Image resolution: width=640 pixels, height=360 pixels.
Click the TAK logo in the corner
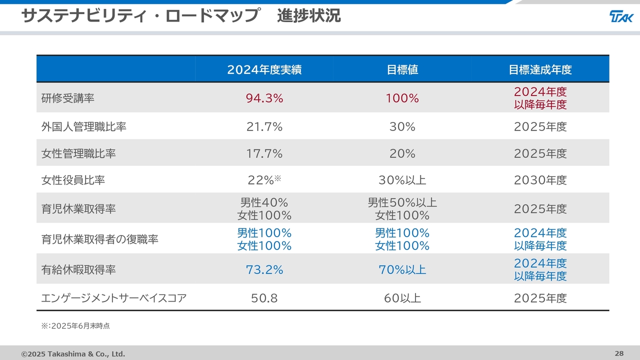pos(621,16)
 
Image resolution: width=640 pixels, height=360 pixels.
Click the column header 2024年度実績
pos(264,70)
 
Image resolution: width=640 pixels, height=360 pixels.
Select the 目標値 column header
pos(402,70)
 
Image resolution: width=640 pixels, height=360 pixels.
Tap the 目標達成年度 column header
pos(540,70)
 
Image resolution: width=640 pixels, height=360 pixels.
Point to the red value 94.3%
pos(264,98)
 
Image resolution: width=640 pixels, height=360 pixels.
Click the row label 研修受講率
pos(68,98)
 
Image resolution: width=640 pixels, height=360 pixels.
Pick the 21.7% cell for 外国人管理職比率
pos(264,127)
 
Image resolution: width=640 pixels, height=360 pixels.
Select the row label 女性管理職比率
pos(78,153)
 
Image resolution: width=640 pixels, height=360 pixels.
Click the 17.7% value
pos(264,153)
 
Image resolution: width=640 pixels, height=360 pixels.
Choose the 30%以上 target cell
pos(402,180)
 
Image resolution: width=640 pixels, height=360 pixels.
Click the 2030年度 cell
pos(540,180)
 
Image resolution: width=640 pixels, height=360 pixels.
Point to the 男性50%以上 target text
pos(402,202)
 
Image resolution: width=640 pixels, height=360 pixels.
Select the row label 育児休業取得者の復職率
pos(100,239)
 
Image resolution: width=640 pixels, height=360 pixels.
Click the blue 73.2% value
pos(264,270)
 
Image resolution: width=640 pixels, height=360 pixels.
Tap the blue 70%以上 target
pos(402,270)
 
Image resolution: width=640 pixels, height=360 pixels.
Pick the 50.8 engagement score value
pos(264,298)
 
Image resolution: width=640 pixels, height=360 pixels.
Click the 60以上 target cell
pos(402,298)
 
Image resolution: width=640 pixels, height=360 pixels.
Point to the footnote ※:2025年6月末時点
pos(75,326)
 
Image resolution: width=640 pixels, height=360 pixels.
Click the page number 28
pos(619,353)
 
